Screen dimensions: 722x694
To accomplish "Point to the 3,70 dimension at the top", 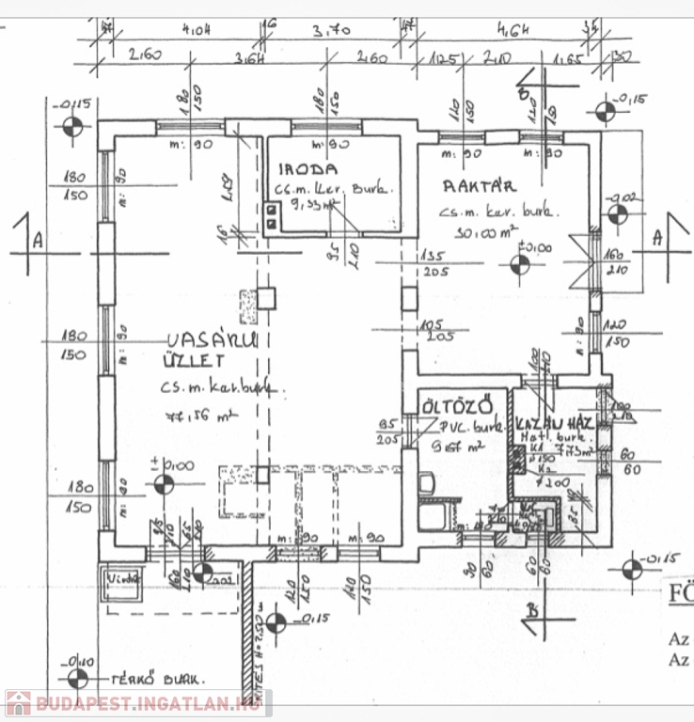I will pyautogui.click(x=334, y=30).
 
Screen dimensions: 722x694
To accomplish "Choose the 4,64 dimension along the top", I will pyautogui.click(x=515, y=30).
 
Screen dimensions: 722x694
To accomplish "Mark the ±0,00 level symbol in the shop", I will pyautogui.click(x=164, y=485).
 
